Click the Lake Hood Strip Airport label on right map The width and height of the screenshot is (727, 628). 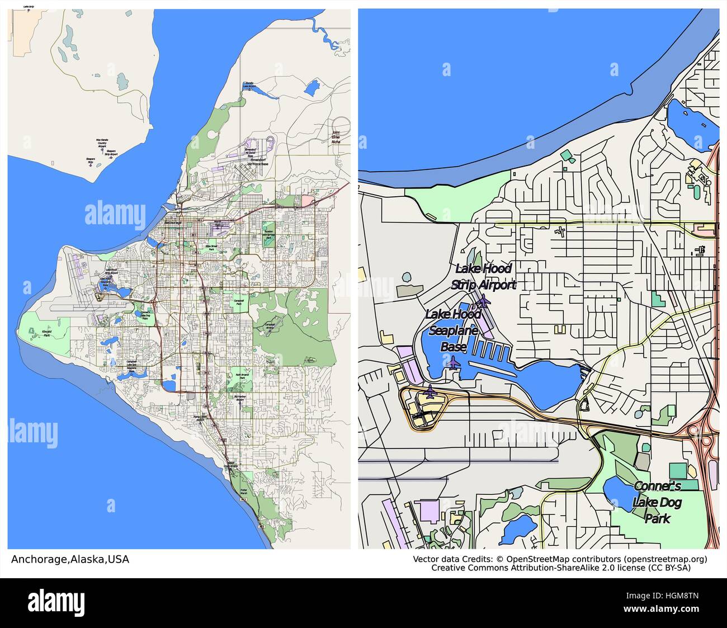coord(483,277)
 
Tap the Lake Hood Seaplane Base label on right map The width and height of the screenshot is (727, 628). coord(452,330)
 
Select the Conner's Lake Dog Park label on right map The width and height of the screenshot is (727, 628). coord(657,502)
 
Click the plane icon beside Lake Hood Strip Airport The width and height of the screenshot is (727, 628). coord(483,302)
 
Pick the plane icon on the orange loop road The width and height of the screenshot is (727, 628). coord(430,391)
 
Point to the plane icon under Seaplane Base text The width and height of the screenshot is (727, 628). coord(454,362)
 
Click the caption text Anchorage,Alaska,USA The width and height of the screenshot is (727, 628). coord(70,559)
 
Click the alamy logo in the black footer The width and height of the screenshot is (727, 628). coord(62,601)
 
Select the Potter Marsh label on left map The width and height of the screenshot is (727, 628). coord(243,492)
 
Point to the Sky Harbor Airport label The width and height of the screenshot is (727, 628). coord(240,398)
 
